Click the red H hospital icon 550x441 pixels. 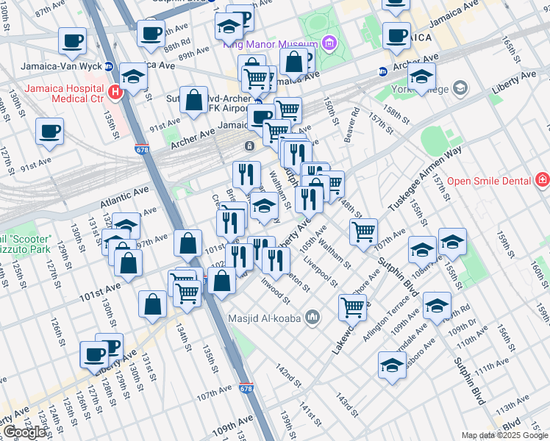click(x=114, y=92)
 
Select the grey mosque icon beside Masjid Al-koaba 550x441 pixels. click(x=312, y=317)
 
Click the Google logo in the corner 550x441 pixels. click(x=24, y=432)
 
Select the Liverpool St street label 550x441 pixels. click(x=323, y=273)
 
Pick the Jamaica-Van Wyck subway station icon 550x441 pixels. click(x=108, y=65)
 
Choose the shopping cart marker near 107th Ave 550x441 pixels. click(x=363, y=232)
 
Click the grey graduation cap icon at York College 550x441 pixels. click(x=460, y=89)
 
